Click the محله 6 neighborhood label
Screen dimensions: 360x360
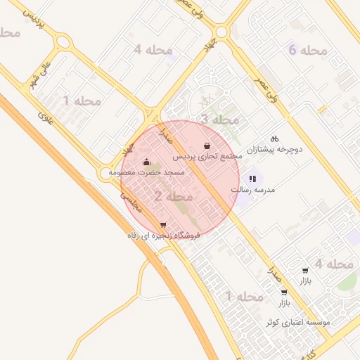308,50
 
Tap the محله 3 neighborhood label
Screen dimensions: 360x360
219,120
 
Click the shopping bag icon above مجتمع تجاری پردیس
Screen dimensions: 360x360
207,145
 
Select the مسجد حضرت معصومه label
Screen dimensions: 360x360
147,172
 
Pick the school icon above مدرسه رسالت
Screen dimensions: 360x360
252,179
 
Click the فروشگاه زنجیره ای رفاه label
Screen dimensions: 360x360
164,235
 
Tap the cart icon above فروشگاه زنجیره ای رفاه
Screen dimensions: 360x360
163,225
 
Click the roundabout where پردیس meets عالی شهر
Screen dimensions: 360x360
62,41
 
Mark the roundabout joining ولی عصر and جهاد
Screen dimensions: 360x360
224,32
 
